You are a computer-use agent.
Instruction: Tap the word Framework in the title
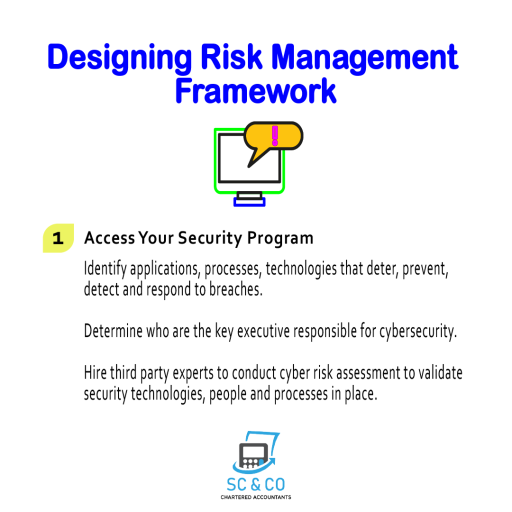click(255, 91)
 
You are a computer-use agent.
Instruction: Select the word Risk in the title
click(231, 56)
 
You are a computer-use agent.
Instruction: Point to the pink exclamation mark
click(275, 135)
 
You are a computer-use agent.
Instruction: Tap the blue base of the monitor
click(249, 202)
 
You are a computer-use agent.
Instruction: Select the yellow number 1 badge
click(58, 238)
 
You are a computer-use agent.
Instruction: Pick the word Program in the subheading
click(280, 238)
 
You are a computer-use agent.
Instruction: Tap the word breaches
click(236, 289)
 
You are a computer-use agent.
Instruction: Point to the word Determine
click(113, 331)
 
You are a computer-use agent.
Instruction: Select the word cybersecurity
click(418, 332)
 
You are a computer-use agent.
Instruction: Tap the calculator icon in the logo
click(253, 455)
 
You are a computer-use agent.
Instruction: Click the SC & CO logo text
click(255, 484)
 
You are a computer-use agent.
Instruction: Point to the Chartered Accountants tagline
click(255, 497)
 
